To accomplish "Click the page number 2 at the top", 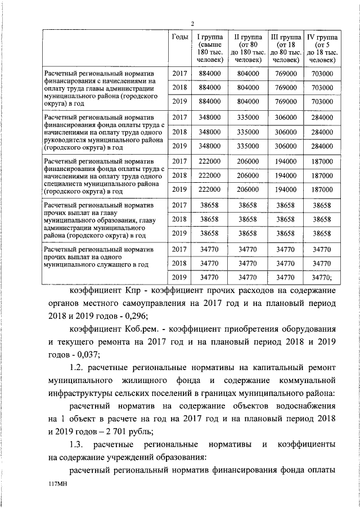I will [x=192, y=23].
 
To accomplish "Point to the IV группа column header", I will [x=322, y=48].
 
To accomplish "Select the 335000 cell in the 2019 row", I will [x=248, y=146].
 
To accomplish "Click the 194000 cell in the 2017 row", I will [x=285, y=161].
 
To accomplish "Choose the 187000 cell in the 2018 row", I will [x=322, y=175].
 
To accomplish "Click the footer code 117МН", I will [x=58, y=489].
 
